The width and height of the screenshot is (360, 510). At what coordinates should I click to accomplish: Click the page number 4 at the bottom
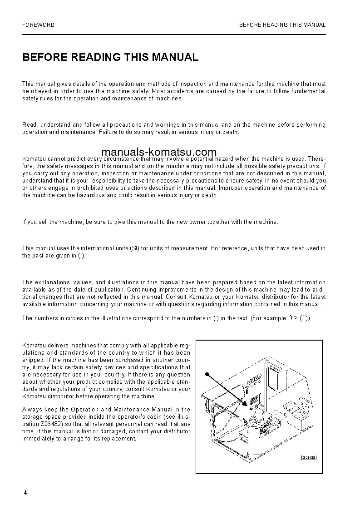tap(25, 493)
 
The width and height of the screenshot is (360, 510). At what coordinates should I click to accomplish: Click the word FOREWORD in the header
tap(38, 25)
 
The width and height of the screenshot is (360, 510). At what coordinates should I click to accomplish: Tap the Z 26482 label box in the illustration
tap(309, 457)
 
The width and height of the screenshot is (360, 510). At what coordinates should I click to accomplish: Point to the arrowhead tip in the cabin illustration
tap(246, 404)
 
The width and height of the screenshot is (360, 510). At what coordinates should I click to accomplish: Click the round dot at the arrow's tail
tap(206, 375)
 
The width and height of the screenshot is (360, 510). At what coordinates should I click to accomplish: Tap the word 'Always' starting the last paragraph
tap(31, 409)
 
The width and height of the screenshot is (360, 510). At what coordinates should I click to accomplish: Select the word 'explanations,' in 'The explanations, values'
tap(52, 282)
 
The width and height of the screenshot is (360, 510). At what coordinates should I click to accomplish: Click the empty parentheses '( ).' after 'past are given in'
tap(81, 255)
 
